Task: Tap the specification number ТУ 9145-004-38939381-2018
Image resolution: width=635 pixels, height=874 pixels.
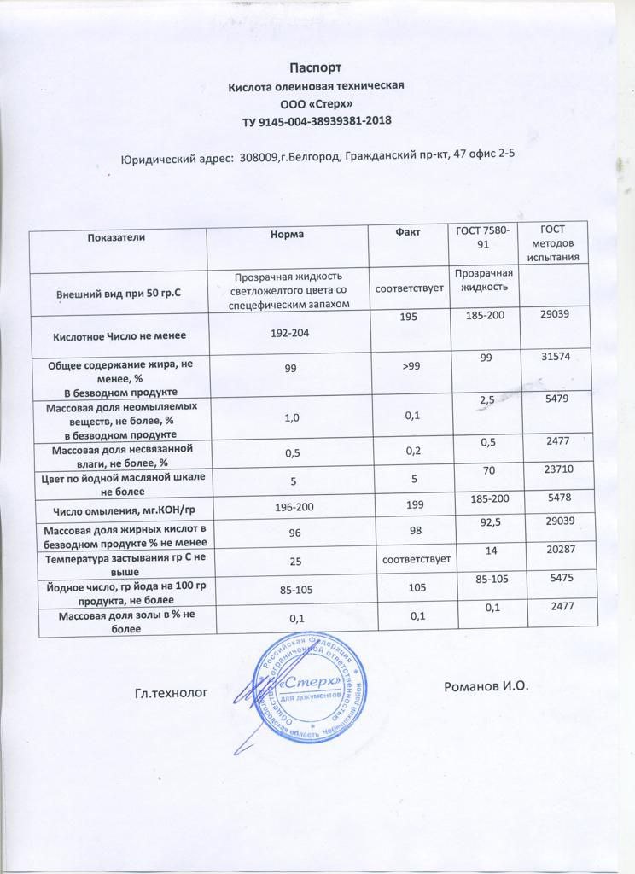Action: coord(317,123)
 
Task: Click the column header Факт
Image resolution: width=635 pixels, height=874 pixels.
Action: coord(407,232)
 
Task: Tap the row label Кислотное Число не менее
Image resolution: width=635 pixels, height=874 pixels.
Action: coord(119,336)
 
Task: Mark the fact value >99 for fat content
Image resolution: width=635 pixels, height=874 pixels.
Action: coord(408,367)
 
